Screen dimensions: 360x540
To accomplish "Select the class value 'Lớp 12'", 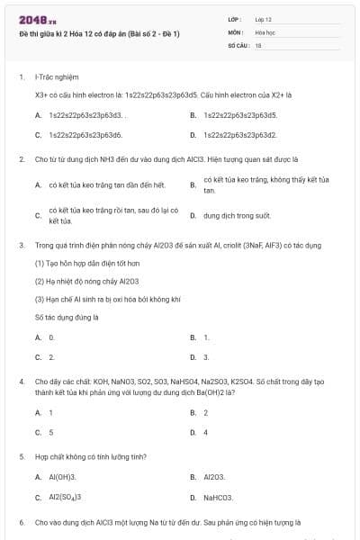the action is pos(263,18).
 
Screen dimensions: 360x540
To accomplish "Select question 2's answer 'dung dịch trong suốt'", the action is pos(237,216).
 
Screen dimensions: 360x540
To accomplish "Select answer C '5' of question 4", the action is pos(50,432).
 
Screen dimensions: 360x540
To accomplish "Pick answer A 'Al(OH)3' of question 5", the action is pos(62,477).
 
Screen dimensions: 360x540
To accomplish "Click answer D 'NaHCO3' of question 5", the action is pos(218,497).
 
